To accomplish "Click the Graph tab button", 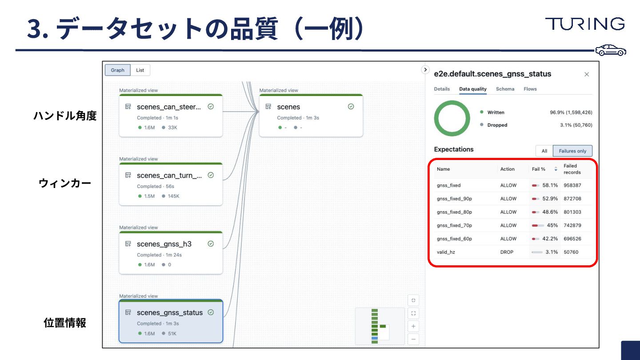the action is tap(118, 70).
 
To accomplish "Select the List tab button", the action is tap(140, 70).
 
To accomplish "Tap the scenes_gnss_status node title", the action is tap(169, 312).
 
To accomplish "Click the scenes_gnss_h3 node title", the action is tap(164, 244).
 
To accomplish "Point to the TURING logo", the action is tap(584, 24).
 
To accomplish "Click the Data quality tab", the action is tap(472, 89).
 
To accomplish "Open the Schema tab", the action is tap(505, 89).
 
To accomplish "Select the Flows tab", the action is tap(530, 89).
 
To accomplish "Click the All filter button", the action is tap(544, 151).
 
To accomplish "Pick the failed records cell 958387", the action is tap(572, 185).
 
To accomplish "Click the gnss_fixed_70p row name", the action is tap(454, 225).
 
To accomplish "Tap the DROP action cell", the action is tap(507, 252).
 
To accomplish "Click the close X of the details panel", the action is tap(586, 74).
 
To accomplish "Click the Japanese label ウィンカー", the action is tap(65, 183).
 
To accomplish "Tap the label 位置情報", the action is tap(65, 323).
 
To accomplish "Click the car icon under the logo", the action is tap(611, 50).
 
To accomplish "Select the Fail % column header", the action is tap(539, 169).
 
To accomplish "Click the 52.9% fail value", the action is tap(550, 199).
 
